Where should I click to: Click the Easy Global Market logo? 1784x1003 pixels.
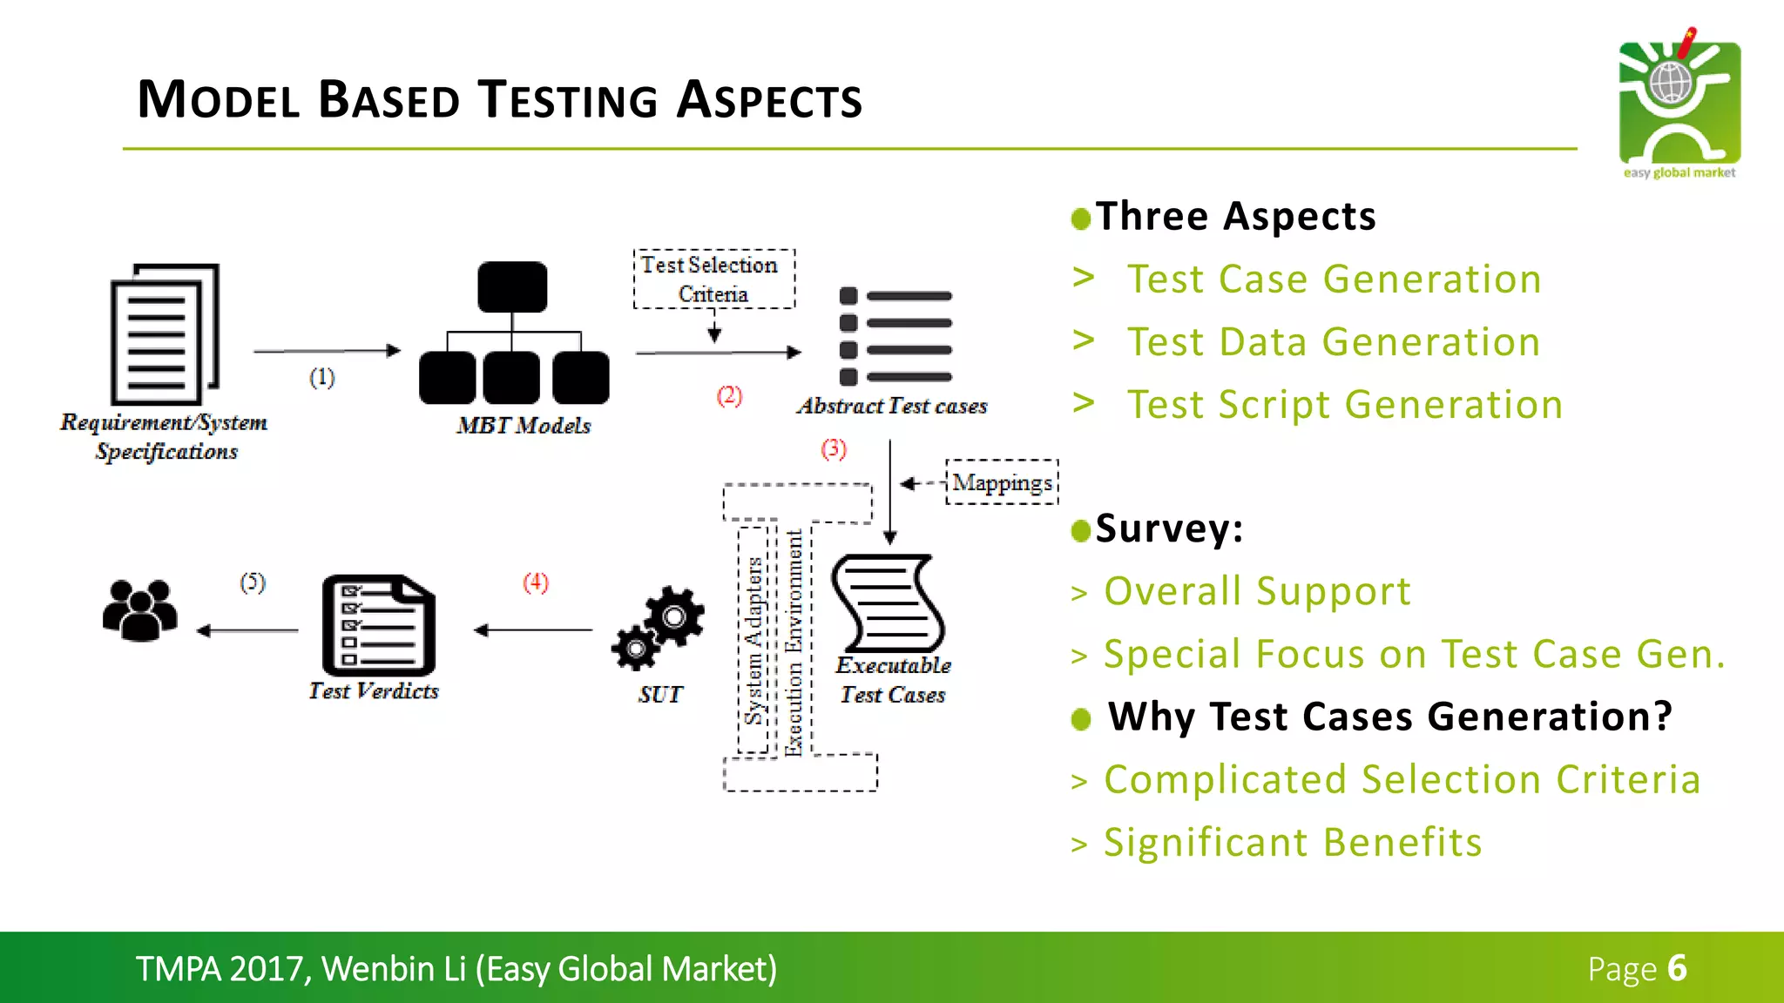pos(1679,103)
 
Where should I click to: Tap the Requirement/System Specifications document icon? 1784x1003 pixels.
pos(165,333)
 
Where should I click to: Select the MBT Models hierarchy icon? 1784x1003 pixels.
pos(514,333)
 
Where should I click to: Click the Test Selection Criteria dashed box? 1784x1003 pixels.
pos(713,279)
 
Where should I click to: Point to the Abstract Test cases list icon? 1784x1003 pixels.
pos(895,336)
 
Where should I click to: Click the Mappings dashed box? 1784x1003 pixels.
pos(1002,482)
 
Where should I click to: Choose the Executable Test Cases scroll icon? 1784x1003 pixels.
pos(889,603)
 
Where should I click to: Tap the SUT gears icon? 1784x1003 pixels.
pos(659,628)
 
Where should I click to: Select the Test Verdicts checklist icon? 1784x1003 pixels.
pos(379,624)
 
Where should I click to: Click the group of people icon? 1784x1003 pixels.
pos(139,610)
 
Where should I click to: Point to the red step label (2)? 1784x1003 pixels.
pos(729,396)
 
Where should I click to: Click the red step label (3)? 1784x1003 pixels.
pos(834,449)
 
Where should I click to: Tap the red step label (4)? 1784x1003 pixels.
pos(536,582)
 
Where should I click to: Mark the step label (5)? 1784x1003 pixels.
pos(253,582)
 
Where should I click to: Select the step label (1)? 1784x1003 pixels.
pos(321,378)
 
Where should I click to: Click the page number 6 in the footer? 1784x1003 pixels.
pos(1677,968)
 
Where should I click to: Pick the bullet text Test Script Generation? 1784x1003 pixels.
pos(1345,405)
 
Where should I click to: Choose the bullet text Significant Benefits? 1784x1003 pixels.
pos(1293,843)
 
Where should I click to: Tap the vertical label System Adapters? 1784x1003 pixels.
pos(753,640)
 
